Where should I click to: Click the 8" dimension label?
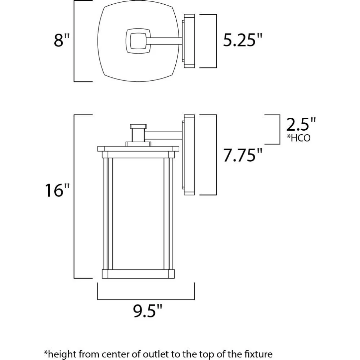62,40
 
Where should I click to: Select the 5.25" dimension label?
242,40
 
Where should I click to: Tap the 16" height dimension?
57,190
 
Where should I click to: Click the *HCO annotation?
298,138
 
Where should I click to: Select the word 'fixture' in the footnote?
258,354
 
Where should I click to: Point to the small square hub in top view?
139,41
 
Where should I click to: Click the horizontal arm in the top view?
164,41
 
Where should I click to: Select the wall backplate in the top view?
189,41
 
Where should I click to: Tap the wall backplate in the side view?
189,155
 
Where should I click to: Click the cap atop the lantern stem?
138,126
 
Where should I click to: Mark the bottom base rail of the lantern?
138,274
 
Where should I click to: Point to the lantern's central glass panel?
138,214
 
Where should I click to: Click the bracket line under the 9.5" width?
146,300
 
